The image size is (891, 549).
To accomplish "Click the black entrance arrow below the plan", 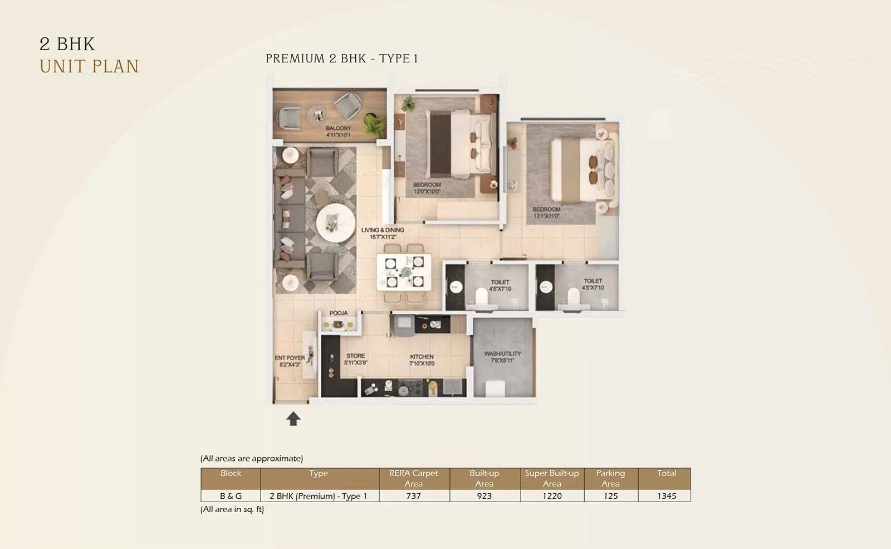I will pyautogui.click(x=293, y=419).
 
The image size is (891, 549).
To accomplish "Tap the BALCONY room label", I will pyautogui.click(x=338, y=132).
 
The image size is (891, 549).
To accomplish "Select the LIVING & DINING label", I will pyautogui.click(x=383, y=233).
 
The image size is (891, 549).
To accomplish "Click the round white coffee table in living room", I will pyautogui.click(x=335, y=223).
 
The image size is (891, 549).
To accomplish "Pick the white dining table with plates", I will pyautogui.click(x=404, y=272).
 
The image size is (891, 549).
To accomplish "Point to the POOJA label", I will pyautogui.click(x=339, y=313).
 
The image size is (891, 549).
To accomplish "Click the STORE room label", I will pyautogui.click(x=355, y=359).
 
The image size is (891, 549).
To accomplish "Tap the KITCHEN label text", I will pyautogui.click(x=422, y=359).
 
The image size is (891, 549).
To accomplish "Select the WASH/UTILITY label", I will pyautogui.click(x=502, y=357).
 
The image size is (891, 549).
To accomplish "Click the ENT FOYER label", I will pyautogui.click(x=290, y=361).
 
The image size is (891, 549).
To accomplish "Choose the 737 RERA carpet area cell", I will pyautogui.click(x=414, y=495).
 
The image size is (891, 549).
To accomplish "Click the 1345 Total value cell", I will pyautogui.click(x=666, y=495).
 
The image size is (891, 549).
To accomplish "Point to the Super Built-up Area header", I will pyautogui.click(x=552, y=478).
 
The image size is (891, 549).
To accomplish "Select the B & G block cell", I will pyautogui.click(x=231, y=495).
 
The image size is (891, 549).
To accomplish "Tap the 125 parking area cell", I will pyautogui.click(x=610, y=495).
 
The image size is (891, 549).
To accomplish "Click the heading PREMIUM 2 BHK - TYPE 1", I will pyautogui.click(x=341, y=59).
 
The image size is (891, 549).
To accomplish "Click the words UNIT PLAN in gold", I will pyautogui.click(x=89, y=66).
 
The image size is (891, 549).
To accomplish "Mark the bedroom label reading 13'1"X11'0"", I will pyautogui.click(x=546, y=212).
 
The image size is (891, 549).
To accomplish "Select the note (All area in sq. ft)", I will pyautogui.click(x=232, y=509).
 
